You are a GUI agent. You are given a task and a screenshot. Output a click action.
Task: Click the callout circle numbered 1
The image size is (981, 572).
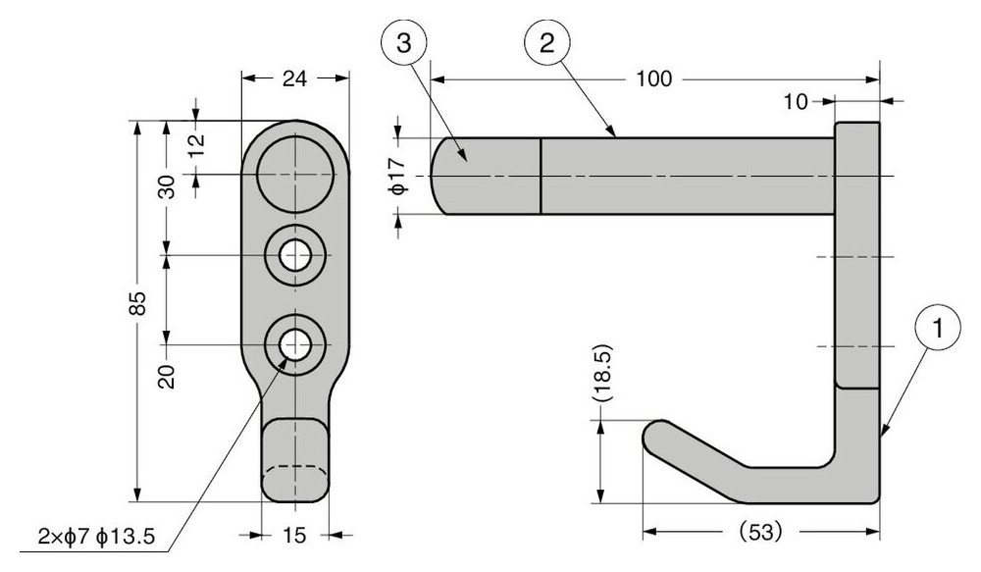(937, 328)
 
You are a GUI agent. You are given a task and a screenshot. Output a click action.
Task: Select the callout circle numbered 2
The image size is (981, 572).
(546, 43)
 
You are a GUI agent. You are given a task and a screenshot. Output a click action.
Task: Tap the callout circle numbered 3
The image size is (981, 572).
(403, 43)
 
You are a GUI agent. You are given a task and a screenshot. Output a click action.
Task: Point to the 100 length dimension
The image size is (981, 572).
(653, 78)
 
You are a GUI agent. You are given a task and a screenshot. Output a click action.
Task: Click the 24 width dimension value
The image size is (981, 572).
(294, 78)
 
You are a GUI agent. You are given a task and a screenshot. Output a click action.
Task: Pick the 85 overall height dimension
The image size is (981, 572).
(138, 303)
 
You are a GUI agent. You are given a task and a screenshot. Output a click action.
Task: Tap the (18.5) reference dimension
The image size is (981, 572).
(602, 373)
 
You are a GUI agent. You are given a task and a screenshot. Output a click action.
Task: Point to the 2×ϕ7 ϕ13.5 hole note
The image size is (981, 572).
(96, 537)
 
